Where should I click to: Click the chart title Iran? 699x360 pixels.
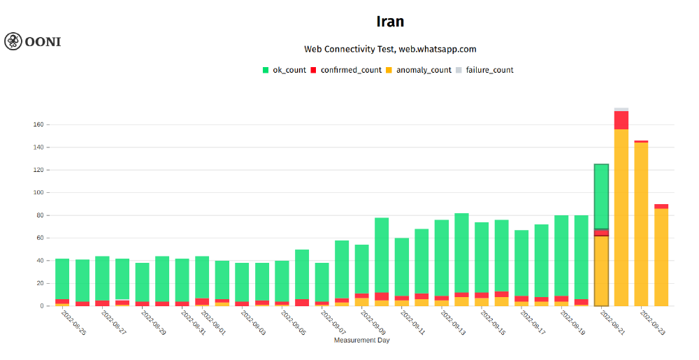pos(390,22)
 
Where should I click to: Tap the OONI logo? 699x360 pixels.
pos(33,41)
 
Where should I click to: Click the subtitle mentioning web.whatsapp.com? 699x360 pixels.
pos(390,49)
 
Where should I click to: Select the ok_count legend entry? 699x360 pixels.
pos(284,70)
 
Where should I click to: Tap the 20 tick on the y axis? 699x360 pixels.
pos(39,283)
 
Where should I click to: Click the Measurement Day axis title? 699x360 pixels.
pos(361,340)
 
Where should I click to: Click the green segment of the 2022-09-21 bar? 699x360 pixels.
pos(601,196)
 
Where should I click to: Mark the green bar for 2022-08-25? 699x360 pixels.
pos(62,279)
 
